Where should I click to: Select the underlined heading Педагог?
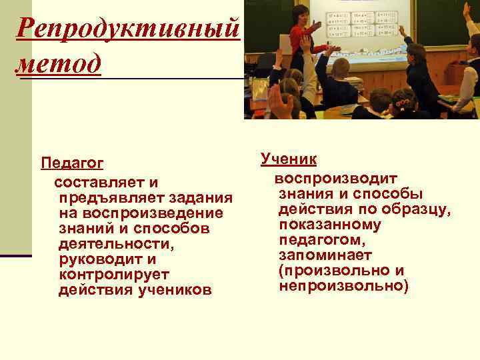point(72,163)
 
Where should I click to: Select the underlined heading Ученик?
point(289,159)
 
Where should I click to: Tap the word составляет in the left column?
point(99,182)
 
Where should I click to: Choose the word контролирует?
point(113,274)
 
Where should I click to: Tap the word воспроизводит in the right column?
point(335,179)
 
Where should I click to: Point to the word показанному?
point(330,225)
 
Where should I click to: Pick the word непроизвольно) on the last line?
point(343,286)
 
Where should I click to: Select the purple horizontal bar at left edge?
point(15,255)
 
